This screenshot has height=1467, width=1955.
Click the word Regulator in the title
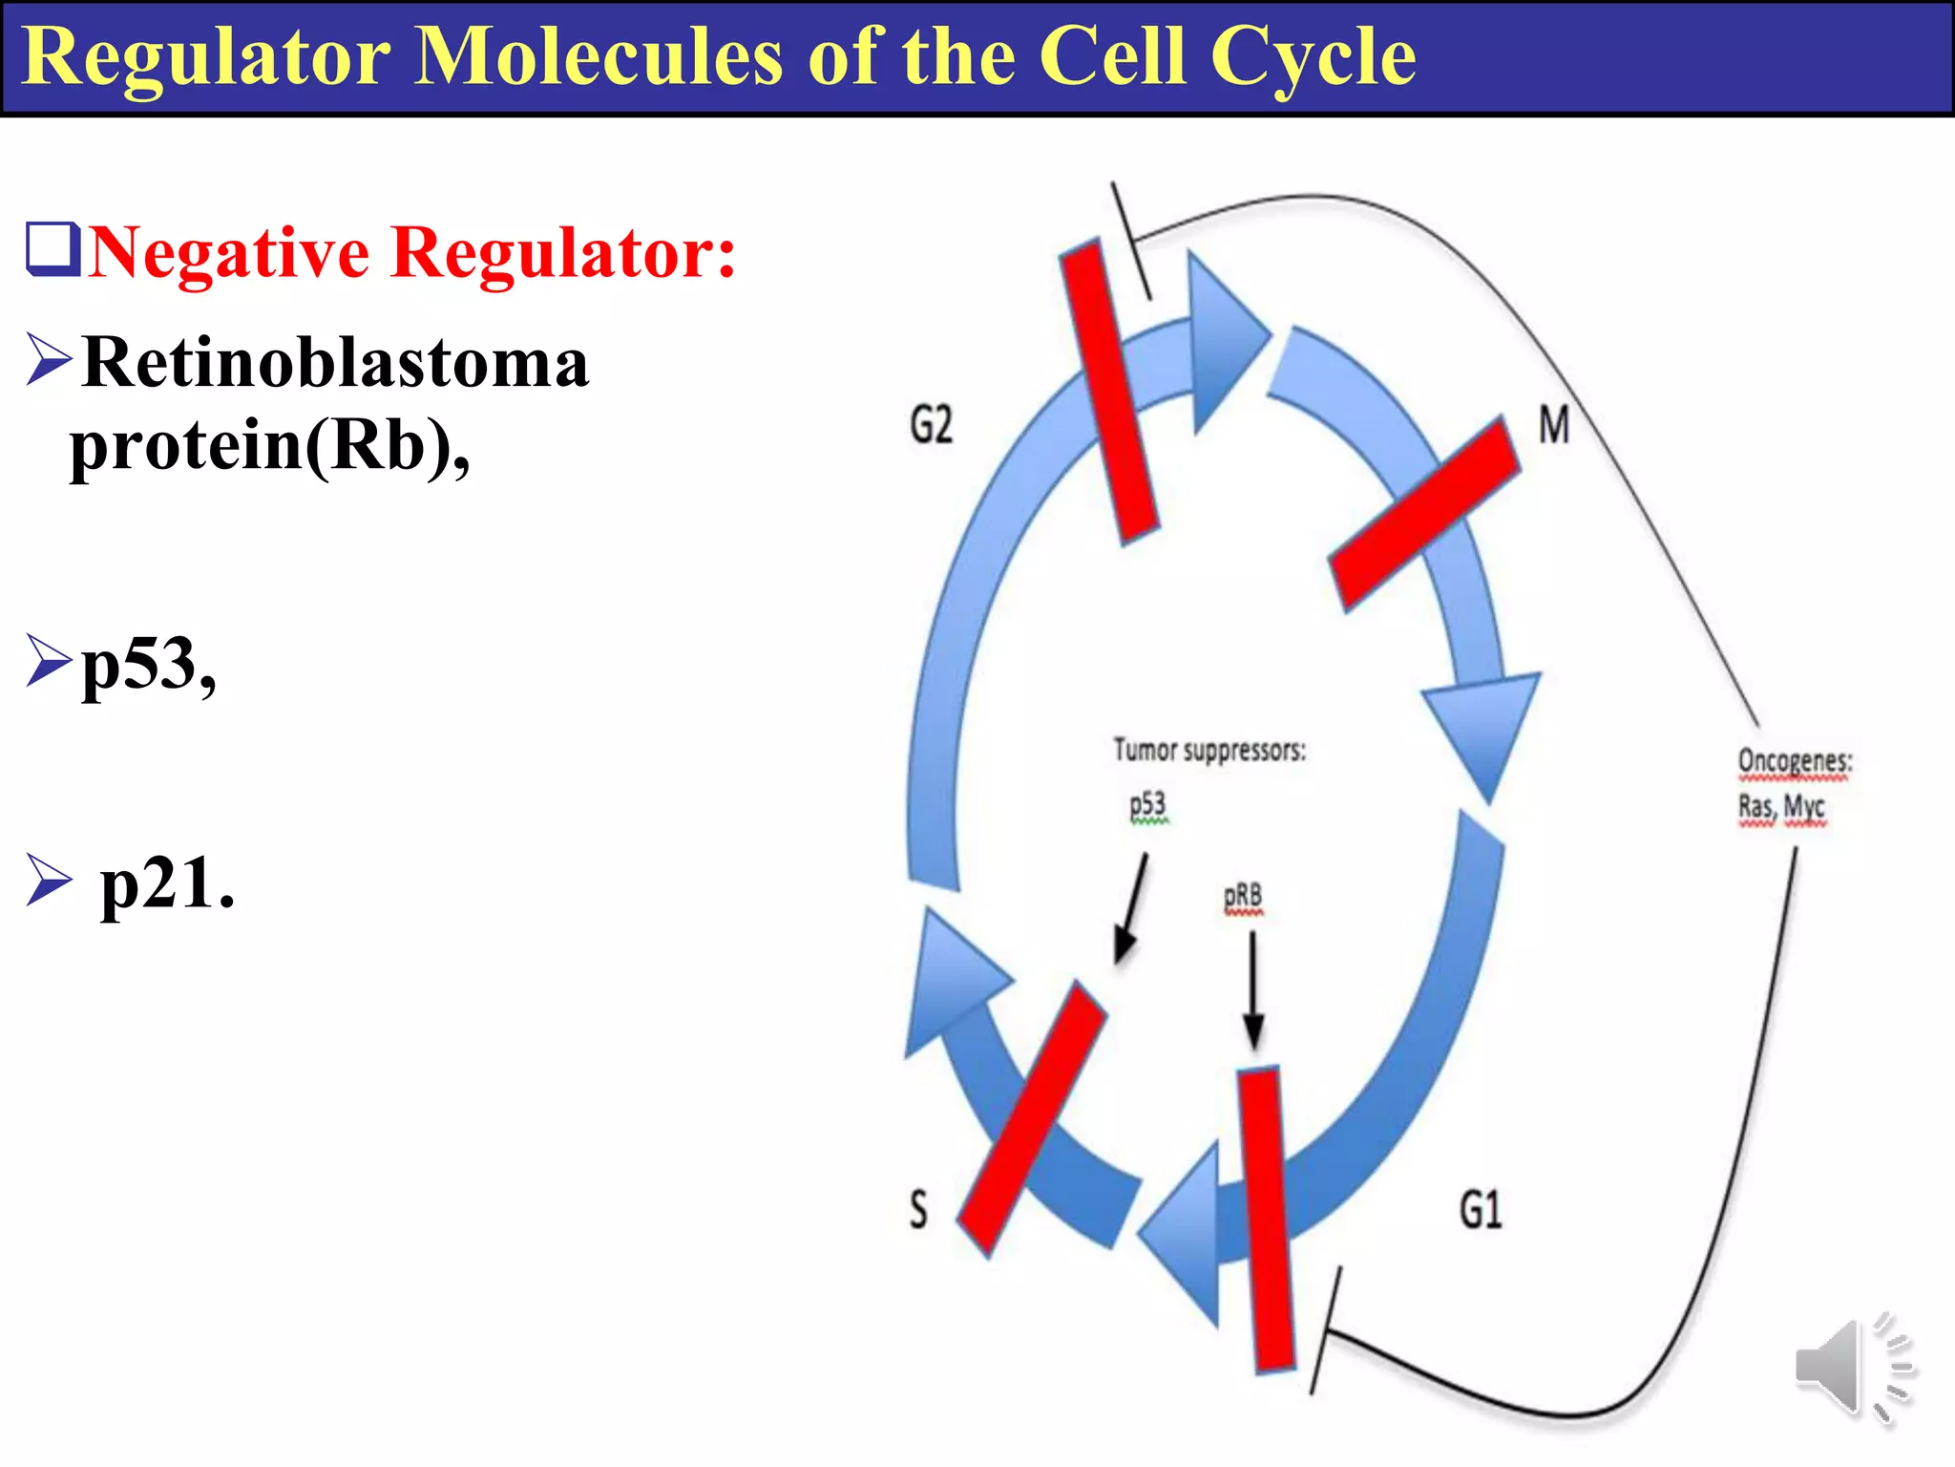[205, 57]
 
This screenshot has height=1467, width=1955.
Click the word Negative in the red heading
[229, 253]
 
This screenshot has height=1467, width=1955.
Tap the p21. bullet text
[167, 882]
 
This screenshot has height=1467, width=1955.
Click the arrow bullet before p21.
[49, 880]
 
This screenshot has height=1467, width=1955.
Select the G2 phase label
[931, 424]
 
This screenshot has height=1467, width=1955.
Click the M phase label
[1554, 425]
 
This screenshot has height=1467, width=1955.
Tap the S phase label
[917, 1209]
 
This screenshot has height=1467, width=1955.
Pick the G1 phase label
[1481, 1210]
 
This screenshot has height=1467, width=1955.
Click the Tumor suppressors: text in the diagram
[1209, 751]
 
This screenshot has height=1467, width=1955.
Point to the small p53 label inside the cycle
[1147, 806]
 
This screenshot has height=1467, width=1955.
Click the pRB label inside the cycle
[1243, 897]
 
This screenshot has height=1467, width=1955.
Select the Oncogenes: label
[1795, 761]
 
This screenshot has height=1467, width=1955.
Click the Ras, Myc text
[1781, 807]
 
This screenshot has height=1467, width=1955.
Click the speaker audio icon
[1852, 1369]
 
